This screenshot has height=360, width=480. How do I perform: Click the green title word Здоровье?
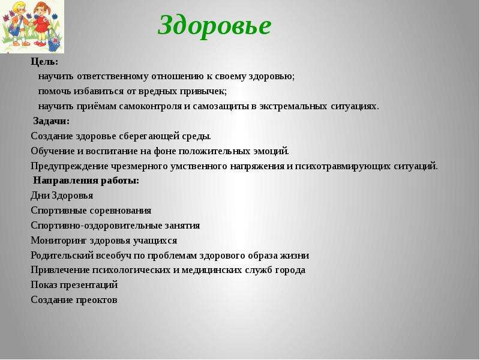[214, 26]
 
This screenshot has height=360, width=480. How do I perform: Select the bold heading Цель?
[44, 62]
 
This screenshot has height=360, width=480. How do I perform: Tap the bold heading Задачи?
[52, 121]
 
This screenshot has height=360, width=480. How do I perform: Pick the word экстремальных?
[293, 107]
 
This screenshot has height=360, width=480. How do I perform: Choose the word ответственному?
[113, 77]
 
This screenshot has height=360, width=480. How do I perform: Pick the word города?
[290, 271]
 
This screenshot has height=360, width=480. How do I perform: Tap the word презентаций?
[88, 285]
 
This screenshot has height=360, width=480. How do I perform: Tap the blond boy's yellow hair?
[11, 7]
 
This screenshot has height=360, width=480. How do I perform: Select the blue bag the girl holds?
[55, 41]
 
